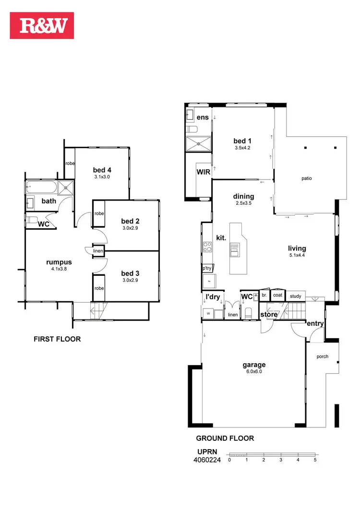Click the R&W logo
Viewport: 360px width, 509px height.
[42, 25]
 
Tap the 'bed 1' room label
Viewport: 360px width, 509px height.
[242, 141]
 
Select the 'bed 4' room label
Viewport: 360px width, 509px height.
[102, 170]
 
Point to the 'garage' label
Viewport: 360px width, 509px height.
[254, 364]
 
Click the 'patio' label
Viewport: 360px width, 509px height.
[307, 178]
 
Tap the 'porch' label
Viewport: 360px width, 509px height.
[322, 357]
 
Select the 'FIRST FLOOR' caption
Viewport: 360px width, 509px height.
[57, 339]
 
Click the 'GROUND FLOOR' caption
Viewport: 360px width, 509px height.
[225, 438]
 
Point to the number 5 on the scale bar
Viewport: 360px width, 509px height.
[315, 459]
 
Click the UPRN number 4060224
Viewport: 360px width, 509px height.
[207, 460]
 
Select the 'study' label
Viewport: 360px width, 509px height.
[295, 296]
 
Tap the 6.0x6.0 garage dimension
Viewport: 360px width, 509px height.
[254, 371]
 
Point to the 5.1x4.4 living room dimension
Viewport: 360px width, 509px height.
[297, 255]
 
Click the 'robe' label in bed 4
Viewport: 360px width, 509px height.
[70, 164]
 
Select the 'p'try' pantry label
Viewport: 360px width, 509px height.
[207, 269]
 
